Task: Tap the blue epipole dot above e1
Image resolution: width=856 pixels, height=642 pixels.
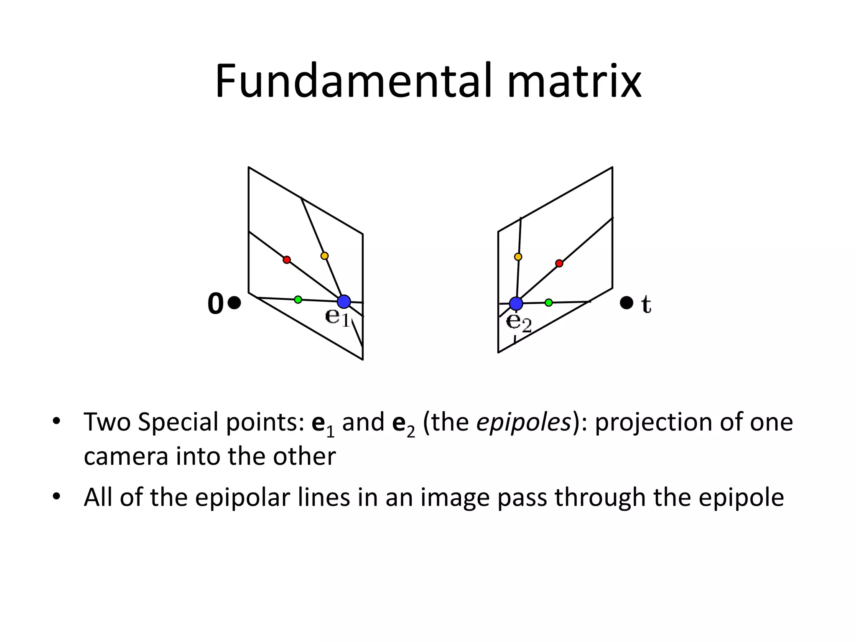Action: (344, 301)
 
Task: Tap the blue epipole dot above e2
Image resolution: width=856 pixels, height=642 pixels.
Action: (516, 303)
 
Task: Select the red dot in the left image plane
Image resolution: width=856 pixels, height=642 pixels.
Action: (286, 260)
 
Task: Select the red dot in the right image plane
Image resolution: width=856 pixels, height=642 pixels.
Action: (559, 263)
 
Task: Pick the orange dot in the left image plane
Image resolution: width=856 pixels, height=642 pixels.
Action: (324, 256)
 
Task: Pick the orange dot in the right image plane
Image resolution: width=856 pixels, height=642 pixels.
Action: (518, 257)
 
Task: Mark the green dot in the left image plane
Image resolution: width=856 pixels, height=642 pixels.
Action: (298, 299)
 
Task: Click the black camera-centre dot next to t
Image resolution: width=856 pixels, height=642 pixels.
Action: (626, 303)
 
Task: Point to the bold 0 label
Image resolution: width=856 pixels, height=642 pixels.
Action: (216, 303)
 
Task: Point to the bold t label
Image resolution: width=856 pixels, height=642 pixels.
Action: (646, 304)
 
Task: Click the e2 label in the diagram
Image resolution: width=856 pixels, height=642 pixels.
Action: (518, 322)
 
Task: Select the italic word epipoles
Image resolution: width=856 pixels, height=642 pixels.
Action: (524, 422)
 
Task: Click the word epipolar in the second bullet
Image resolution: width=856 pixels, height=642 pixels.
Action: (242, 497)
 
